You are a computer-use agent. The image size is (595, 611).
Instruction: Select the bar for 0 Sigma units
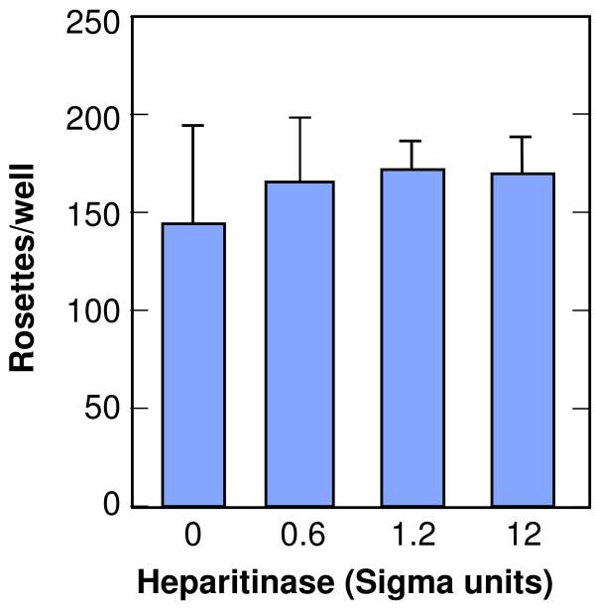tap(193, 365)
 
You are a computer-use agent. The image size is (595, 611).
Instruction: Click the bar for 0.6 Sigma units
tap(303, 344)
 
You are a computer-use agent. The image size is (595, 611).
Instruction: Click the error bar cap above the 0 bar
tap(193, 125)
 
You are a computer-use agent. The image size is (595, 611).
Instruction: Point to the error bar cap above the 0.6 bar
tap(303, 117)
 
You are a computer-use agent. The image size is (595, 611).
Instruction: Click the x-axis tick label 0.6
tap(303, 537)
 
